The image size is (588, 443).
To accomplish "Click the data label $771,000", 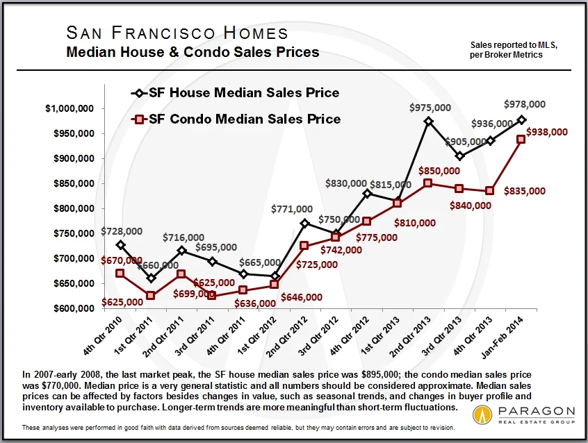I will tap(292, 208).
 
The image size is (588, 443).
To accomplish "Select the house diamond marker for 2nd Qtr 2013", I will tap(428, 121).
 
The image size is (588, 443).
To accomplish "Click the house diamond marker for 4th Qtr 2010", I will tap(121, 244).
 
